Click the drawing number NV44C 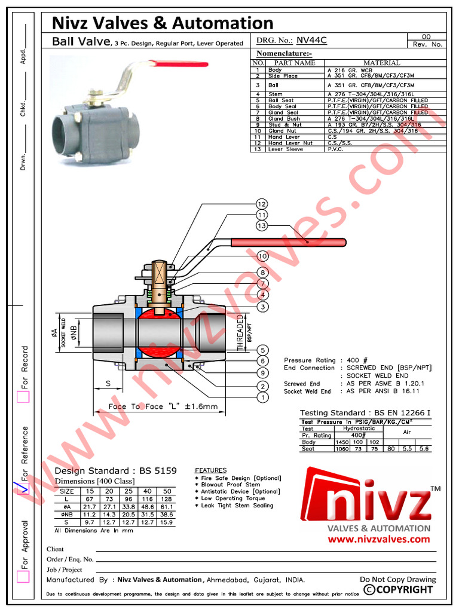312,41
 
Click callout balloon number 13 261,225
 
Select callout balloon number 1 261,397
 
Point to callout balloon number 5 261,349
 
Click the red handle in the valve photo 179,63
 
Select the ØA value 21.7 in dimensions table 90,506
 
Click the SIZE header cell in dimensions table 67,491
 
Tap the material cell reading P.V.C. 336,149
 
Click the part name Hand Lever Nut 290,143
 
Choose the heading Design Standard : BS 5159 116,471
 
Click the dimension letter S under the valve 109,383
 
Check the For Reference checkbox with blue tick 23,488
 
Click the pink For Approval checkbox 23,576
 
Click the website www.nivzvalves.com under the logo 379,539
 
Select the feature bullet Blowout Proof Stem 230,485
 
